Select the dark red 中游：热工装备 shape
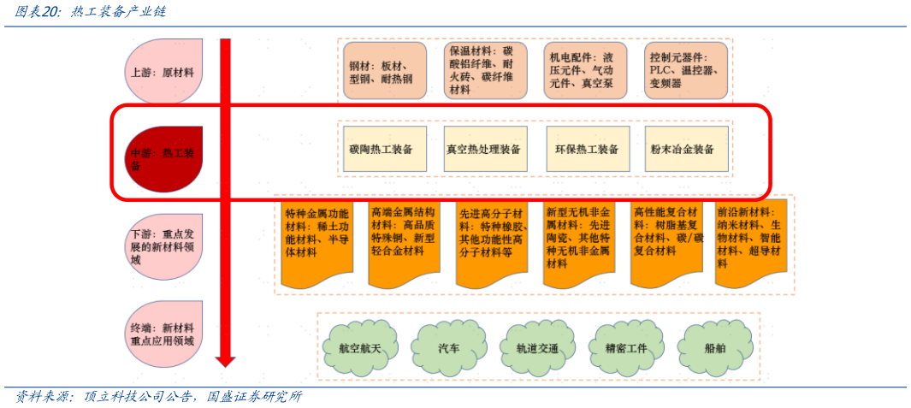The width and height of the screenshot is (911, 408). [x=163, y=159]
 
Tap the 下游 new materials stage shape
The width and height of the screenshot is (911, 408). [x=163, y=246]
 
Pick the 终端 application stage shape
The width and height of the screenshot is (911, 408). [x=163, y=334]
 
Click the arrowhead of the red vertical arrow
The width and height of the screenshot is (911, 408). [x=225, y=359]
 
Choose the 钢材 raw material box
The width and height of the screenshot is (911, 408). [x=385, y=70]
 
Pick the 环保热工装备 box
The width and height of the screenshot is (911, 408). [x=588, y=150]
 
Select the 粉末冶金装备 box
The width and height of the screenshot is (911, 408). [x=686, y=150]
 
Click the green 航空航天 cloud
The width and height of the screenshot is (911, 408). [x=359, y=348]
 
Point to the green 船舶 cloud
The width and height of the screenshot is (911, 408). [x=714, y=348]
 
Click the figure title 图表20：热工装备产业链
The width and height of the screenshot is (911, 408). [x=91, y=12]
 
